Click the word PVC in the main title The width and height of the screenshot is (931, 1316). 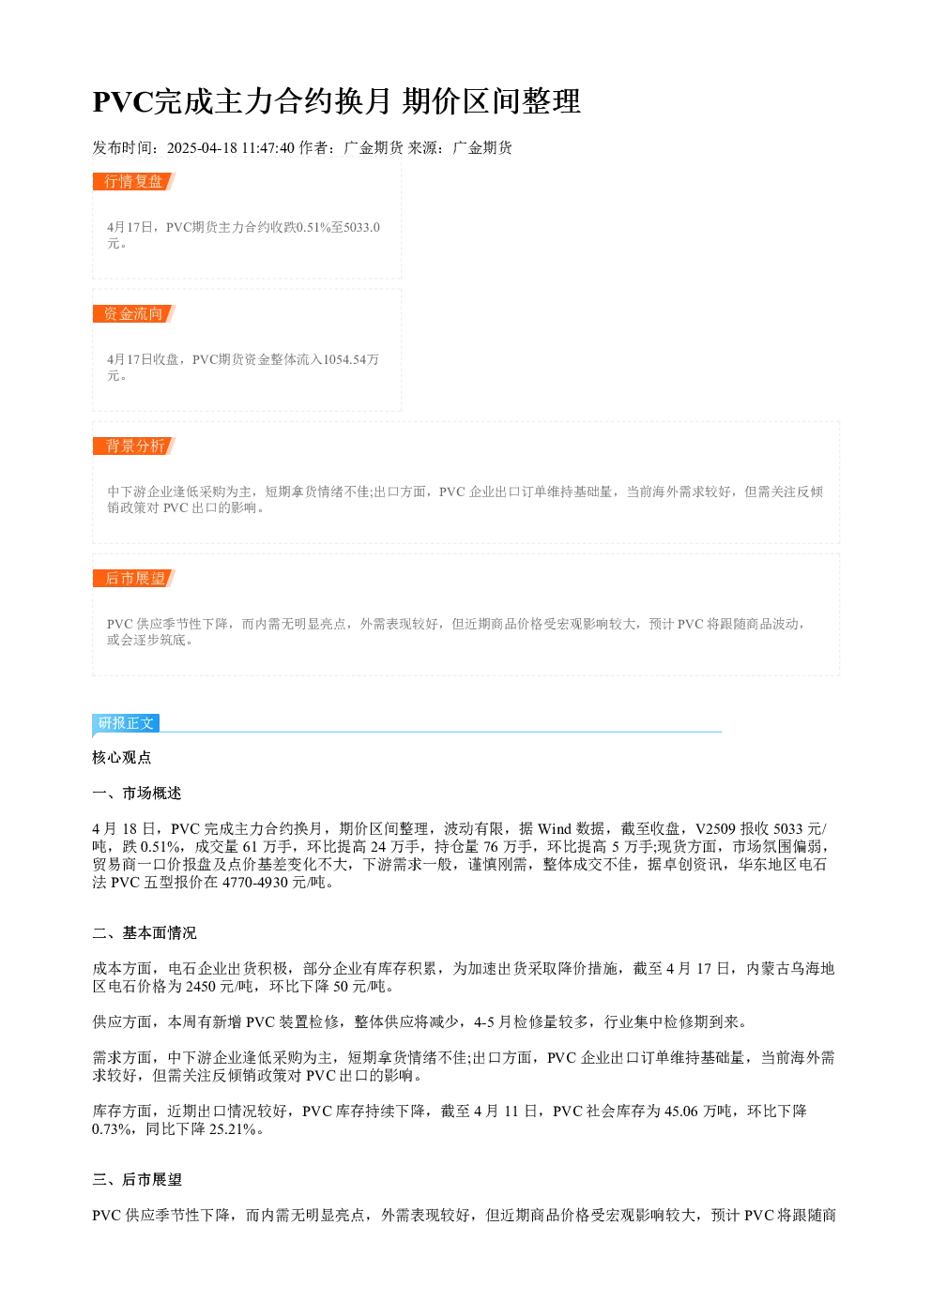point(122,101)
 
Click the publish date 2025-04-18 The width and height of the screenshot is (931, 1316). point(202,147)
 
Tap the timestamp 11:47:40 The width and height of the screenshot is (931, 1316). point(268,147)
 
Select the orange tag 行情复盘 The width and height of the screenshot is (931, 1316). point(133,181)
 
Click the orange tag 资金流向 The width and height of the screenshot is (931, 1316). point(133,313)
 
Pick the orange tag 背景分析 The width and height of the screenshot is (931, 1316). point(133,446)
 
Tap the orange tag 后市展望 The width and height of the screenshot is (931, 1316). point(133,578)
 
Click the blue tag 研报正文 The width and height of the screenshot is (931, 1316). point(126,722)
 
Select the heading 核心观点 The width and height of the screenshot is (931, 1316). point(122,757)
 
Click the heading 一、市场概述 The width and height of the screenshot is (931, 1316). point(137,793)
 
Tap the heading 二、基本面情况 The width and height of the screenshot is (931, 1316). point(145,932)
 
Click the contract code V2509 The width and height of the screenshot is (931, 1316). point(715,828)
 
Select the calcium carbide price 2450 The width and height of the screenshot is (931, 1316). point(201,986)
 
